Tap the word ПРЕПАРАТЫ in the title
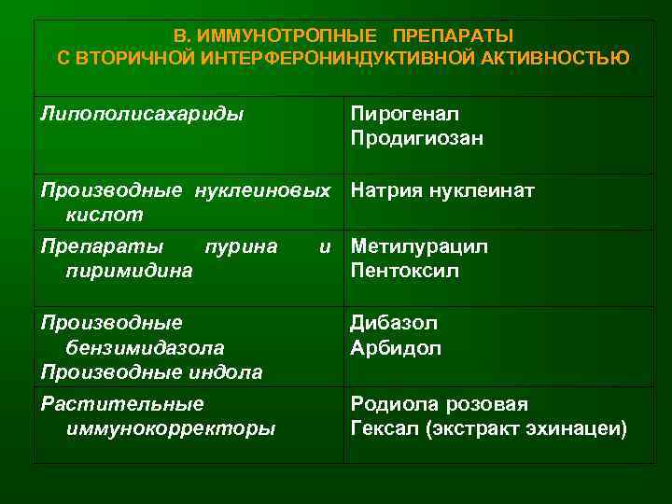point(453,36)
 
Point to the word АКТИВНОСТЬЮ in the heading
point(558,59)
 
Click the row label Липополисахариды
point(143,114)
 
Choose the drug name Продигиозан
point(416,138)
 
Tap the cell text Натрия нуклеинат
point(442,191)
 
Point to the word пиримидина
point(130,271)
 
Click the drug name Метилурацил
point(419,246)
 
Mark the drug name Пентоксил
point(404,271)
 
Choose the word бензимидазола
point(146,347)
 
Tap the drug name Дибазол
point(394,323)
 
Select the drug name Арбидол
point(396,347)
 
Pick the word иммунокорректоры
point(171,428)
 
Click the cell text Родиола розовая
point(439,404)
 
